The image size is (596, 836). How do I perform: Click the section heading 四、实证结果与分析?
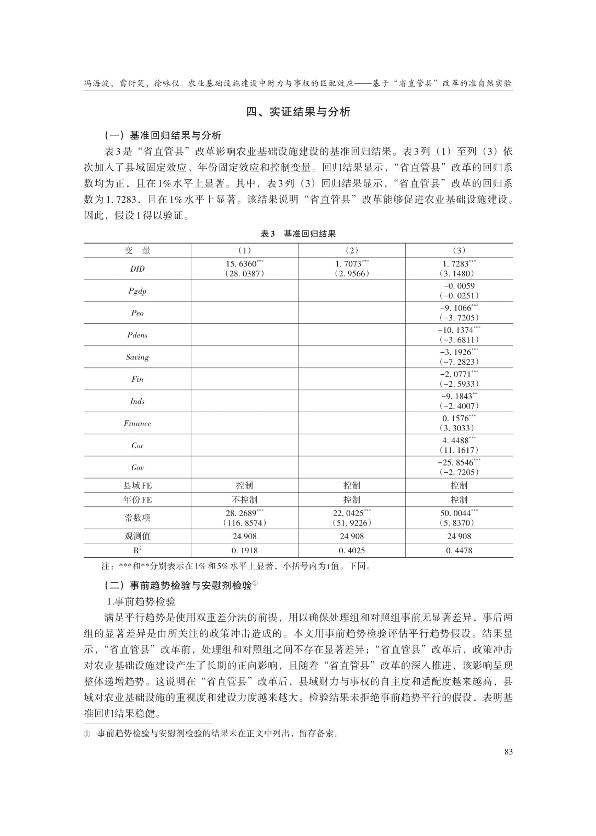(298, 112)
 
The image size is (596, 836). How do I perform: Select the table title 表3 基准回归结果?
(298, 234)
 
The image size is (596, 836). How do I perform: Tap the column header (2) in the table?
(351, 251)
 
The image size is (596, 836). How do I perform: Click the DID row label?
(137, 269)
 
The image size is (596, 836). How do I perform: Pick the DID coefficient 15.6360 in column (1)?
(242, 264)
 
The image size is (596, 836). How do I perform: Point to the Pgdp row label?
(137, 291)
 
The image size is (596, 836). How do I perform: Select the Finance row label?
(137, 423)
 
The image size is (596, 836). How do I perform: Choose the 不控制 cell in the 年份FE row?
(244, 500)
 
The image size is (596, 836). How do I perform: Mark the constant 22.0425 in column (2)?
(349, 514)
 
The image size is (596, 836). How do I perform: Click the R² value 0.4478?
(459, 550)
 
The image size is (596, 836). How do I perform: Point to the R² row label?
(137, 550)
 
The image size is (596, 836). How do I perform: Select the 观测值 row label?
(137, 536)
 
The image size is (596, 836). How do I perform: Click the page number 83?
(508, 752)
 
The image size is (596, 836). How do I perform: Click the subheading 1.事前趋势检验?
(141, 601)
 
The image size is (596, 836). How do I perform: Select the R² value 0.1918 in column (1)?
(244, 550)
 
